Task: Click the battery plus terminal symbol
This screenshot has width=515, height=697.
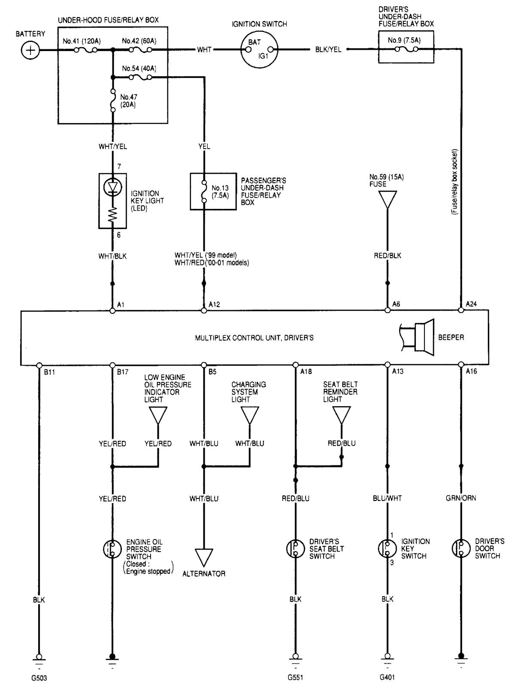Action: pyautogui.click(x=30, y=51)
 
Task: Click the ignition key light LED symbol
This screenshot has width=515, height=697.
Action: pyautogui.click(x=112, y=188)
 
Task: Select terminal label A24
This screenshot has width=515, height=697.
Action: pyautogui.click(x=471, y=304)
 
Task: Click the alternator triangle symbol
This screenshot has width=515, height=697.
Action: pyautogui.click(x=204, y=558)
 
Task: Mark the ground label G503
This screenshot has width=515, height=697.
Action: pyautogui.click(x=39, y=678)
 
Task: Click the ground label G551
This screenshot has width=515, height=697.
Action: pyautogui.click(x=295, y=678)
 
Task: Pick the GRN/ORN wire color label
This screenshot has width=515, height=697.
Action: pyautogui.click(x=461, y=498)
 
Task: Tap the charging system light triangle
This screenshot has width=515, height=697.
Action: pyautogui.click(x=250, y=415)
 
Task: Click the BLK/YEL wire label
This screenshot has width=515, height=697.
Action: pyautogui.click(x=328, y=50)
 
